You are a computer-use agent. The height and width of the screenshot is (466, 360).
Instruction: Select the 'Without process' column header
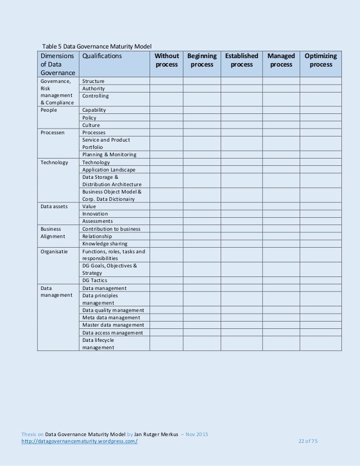[x=166, y=60]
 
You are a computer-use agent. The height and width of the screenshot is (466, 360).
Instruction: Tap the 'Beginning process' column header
[x=201, y=60]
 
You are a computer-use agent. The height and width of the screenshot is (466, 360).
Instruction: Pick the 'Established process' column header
[x=242, y=60]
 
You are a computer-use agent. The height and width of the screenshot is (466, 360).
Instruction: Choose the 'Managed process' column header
[x=281, y=60]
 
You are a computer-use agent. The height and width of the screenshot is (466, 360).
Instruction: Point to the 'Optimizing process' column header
[x=321, y=60]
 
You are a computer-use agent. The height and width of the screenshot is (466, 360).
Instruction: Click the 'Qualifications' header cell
[x=102, y=56]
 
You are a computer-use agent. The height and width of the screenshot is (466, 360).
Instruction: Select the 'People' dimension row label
[x=49, y=110]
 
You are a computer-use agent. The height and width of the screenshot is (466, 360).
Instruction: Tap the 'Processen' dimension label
[x=52, y=133]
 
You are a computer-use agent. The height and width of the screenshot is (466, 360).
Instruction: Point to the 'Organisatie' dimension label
[x=54, y=251]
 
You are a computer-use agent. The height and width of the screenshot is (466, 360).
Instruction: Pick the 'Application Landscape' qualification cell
[x=109, y=170]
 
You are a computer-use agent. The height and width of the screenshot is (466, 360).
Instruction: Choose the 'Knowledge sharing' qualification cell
[x=105, y=244]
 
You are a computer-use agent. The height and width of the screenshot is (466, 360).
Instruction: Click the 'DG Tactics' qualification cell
[x=95, y=280]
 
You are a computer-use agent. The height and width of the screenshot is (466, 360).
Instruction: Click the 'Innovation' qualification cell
[x=95, y=214]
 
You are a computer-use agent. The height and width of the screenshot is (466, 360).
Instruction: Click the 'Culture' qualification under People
[x=91, y=125]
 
